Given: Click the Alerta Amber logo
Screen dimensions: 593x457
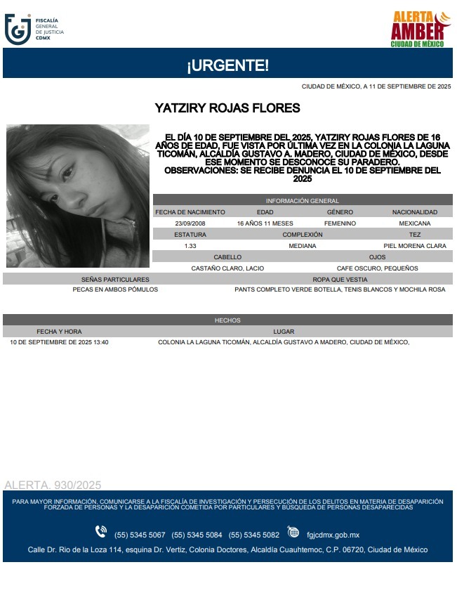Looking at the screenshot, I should pyautogui.click(x=418, y=29).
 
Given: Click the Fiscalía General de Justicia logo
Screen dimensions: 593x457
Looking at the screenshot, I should pyautogui.click(x=34, y=29).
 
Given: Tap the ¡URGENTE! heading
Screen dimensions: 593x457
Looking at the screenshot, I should pyautogui.click(x=227, y=66).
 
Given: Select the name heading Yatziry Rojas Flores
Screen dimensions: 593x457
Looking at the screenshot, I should pyautogui.click(x=227, y=108).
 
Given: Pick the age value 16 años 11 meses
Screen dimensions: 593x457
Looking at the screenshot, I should pyautogui.click(x=265, y=223).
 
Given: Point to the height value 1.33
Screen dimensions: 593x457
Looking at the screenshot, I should pyautogui.click(x=190, y=246).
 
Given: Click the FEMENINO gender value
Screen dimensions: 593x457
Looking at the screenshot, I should pyautogui.click(x=340, y=223).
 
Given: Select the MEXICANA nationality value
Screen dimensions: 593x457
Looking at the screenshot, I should pyautogui.click(x=414, y=223).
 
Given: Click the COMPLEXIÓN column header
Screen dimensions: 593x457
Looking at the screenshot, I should pyautogui.click(x=303, y=235).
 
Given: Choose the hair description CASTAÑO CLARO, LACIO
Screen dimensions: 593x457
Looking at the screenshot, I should pyautogui.click(x=227, y=268).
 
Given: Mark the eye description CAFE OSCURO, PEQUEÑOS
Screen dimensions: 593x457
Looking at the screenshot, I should pyautogui.click(x=377, y=268).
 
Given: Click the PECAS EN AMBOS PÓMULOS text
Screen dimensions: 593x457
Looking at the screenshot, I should pyautogui.click(x=115, y=289).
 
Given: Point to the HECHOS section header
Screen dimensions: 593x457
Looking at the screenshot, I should pyautogui.click(x=227, y=320).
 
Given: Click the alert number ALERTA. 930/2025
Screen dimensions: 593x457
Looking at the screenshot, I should pyautogui.click(x=53, y=485).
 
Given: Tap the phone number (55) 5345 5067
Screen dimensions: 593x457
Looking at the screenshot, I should pyautogui.click(x=140, y=533).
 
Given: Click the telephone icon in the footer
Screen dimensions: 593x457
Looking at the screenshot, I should pyautogui.click(x=101, y=532).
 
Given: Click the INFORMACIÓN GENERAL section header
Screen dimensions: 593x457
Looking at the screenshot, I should pyautogui.click(x=302, y=201).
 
